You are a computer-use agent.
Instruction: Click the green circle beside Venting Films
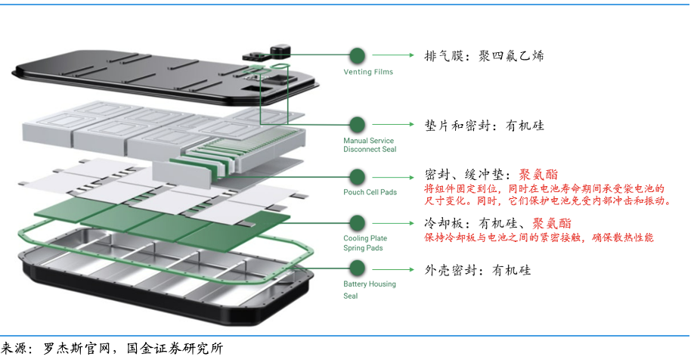[x=357, y=55]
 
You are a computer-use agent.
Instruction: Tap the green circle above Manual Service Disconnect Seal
[x=357, y=125]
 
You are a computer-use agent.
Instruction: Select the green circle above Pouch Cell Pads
[x=357, y=176]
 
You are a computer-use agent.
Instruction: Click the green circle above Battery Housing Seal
[x=357, y=268]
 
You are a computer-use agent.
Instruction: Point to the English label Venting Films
[x=368, y=73]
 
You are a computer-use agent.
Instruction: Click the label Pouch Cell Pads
[x=370, y=192]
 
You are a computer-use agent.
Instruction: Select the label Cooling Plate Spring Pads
[x=365, y=243]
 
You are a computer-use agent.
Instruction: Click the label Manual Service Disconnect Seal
[x=370, y=145]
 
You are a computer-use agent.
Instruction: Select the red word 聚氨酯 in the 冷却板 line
[x=552, y=224]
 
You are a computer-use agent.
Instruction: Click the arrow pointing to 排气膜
[x=393, y=56]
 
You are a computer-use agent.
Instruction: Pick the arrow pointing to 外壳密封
[x=393, y=269]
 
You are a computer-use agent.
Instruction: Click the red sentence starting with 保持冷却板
[x=539, y=237]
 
